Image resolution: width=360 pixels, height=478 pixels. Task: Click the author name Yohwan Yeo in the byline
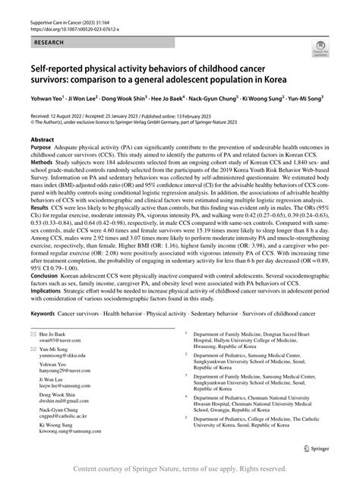pos(46,97)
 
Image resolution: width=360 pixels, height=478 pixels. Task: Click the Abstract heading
pos(42,141)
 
